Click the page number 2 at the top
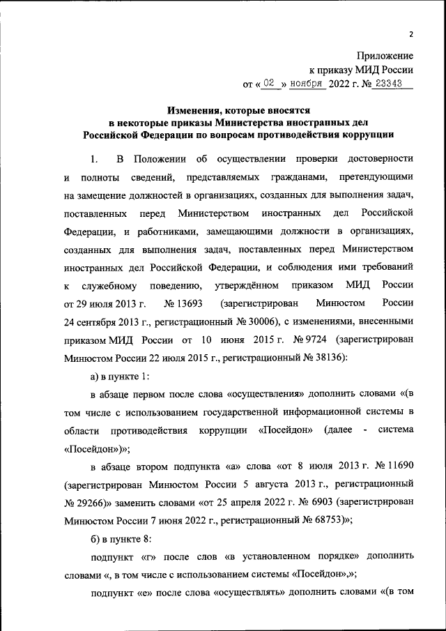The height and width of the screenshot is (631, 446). pos(411,34)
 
